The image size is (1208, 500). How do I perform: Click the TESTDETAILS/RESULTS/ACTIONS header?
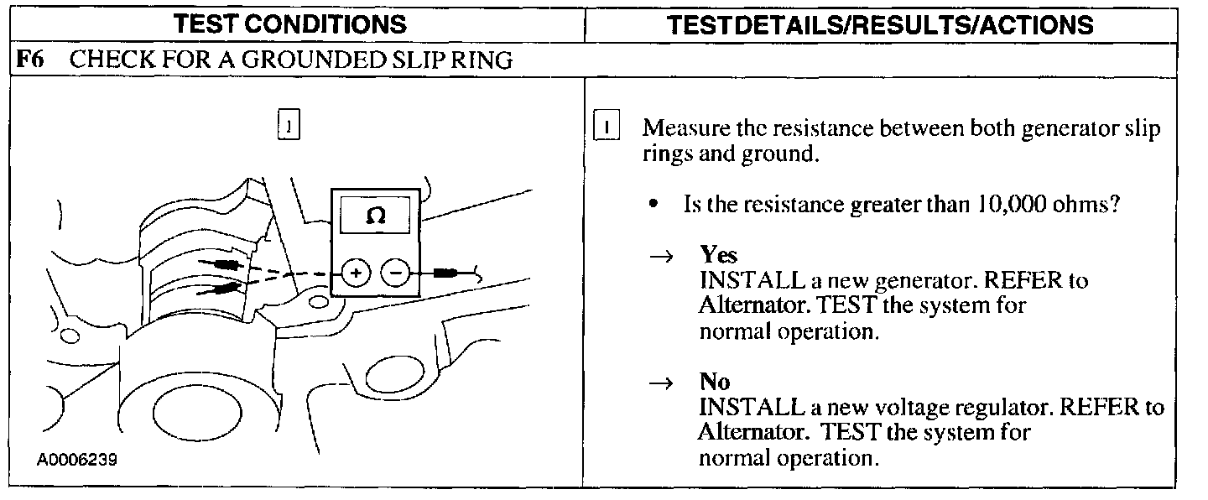coord(881,24)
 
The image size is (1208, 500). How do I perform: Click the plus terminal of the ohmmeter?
coord(356,273)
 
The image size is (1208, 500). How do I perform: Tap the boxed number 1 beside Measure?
coord(605,128)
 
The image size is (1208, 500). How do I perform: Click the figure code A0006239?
coord(76,461)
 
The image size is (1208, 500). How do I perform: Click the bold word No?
coord(714,382)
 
